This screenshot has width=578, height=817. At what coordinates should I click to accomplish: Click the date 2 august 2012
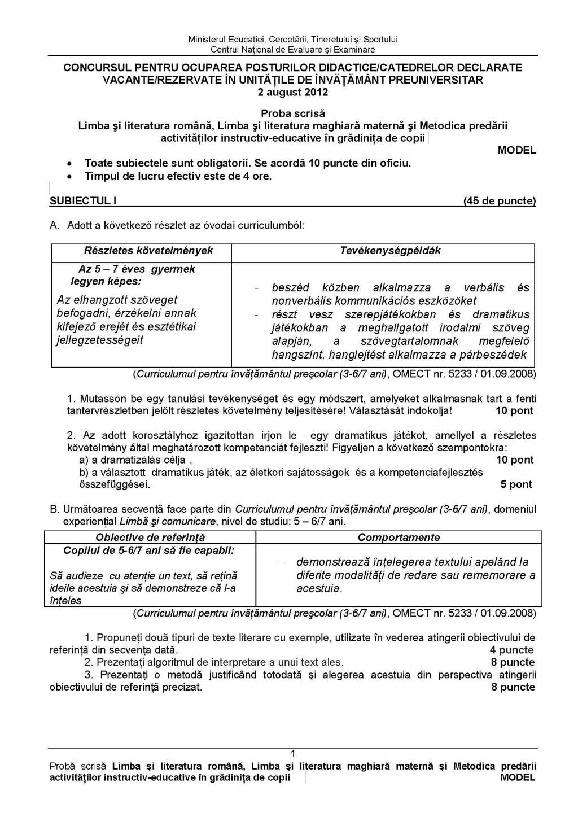tap(292, 93)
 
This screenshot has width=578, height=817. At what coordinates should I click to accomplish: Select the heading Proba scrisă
tap(292, 113)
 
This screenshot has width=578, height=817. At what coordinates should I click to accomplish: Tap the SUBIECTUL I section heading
tap(83, 201)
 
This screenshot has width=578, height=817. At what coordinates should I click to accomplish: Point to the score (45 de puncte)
tap(499, 201)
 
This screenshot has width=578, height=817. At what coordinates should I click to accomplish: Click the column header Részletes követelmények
tap(148, 251)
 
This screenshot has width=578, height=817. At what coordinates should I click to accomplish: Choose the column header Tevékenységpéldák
tap(390, 251)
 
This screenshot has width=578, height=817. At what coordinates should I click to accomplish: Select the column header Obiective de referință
tap(150, 538)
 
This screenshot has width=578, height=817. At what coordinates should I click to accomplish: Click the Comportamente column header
tap(399, 538)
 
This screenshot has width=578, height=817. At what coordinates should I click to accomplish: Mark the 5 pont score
tap(516, 484)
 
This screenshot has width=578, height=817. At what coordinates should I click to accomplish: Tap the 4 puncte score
tap(512, 650)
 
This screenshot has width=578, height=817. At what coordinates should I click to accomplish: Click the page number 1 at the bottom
tap(292, 753)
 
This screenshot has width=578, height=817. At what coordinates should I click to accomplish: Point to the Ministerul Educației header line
tap(292, 40)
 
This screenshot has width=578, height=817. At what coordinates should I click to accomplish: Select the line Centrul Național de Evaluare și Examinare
tap(292, 50)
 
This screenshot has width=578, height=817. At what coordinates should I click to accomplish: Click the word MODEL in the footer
tap(517, 777)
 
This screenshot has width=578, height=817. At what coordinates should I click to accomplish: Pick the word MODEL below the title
tap(516, 151)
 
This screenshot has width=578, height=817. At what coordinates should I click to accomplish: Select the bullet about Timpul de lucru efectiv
tap(178, 176)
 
